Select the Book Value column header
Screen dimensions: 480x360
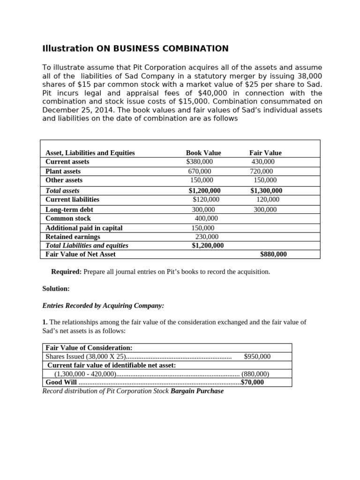(203, 153)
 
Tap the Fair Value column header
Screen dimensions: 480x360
(265, 153)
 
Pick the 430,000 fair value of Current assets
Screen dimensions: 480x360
(263, 162)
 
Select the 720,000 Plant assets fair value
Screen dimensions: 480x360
(262, 172)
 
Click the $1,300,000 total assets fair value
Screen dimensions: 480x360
(266, 191)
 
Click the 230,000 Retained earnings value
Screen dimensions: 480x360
(207, 237)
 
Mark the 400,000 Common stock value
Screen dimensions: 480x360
(206, 218)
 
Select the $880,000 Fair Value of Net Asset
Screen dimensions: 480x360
(273, 255)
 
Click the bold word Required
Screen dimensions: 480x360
(66, 272)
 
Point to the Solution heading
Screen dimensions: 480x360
(56, 289)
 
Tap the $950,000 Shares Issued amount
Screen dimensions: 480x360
(257, 357)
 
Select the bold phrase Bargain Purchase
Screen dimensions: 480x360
(197, 391)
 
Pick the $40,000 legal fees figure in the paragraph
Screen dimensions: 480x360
(204, 93)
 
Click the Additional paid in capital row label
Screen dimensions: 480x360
(84, 228)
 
